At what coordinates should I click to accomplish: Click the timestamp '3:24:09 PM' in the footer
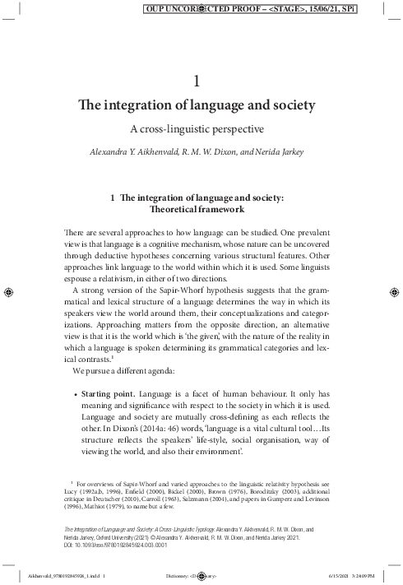coord(376,575)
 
